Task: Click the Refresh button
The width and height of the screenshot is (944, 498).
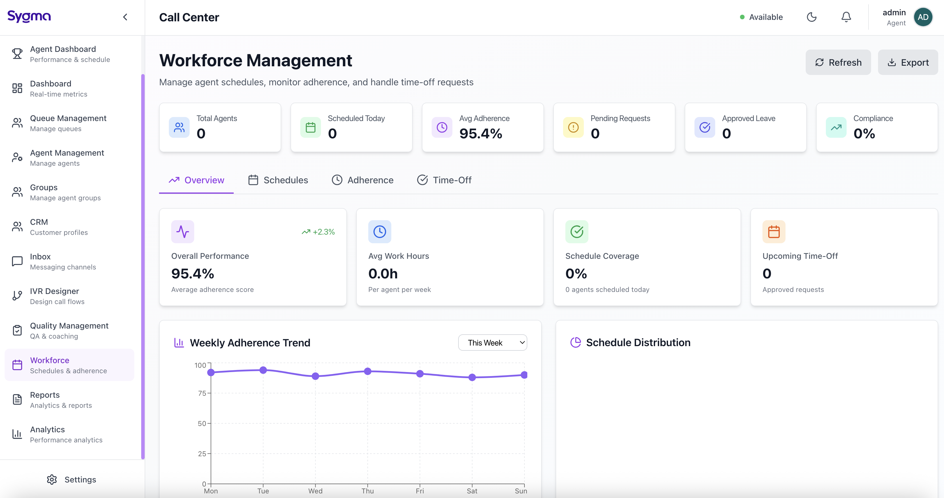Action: tap(838, 62)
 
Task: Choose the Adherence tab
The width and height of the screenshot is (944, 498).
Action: tap(363, 180)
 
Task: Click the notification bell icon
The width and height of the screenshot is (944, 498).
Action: tap(846, 17)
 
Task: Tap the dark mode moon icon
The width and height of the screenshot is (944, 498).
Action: tap(811, 17)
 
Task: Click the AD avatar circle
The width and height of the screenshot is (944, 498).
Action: tap(922, 17)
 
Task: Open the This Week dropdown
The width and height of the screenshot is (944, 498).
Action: tap(492, 343)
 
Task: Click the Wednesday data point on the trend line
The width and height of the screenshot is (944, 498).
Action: tap(315, 376)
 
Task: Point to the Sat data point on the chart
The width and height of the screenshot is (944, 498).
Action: tap(472, 377)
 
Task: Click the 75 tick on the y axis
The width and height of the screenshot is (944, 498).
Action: tap(202, 393)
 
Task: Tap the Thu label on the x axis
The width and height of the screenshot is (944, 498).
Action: tap(368, 491)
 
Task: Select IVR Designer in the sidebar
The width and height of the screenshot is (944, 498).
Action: tap(54, 296)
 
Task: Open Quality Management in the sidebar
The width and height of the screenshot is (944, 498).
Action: tap(69, 330)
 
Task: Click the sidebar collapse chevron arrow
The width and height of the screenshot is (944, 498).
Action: tap(125, 17)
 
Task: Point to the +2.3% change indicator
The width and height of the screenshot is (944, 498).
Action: tap(318, 232)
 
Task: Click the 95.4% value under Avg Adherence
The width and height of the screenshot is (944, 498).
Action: tap(480, 134)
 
